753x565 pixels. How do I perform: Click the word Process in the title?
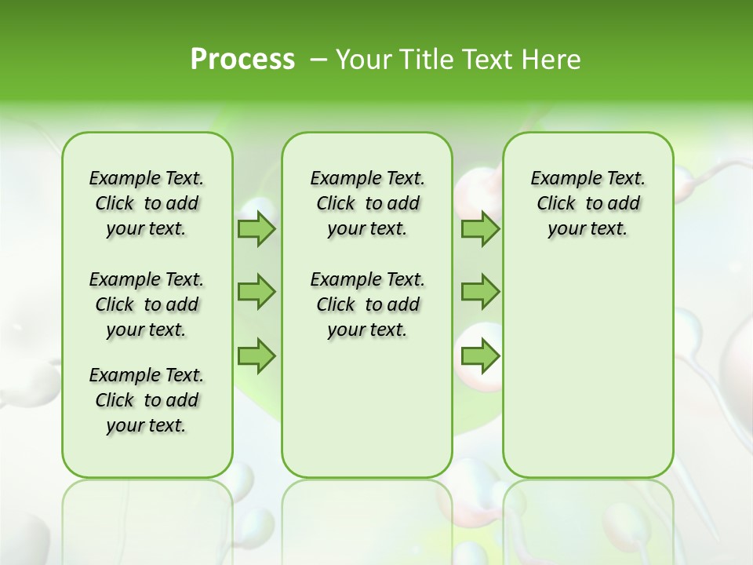(x=242, y=60)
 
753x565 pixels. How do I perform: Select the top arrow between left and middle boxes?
(x=256, y=229)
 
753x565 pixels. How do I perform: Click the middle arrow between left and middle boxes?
(x=256, y=292)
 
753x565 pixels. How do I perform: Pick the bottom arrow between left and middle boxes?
(x=256, y=357)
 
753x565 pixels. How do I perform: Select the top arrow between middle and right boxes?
(x=479, y=229)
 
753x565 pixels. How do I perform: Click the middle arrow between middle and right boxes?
(x=479, y=292)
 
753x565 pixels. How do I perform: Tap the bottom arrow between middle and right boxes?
(x=479, y=357)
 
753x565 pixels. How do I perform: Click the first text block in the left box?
(x=147, y=203)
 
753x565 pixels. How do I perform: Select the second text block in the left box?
(x=147, y=304)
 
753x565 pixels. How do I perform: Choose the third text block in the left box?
(x=147, y=400)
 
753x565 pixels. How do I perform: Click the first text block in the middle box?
(x=367, y=203)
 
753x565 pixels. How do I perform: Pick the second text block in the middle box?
(x=367, y=304)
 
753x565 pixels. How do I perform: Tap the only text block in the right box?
(x=587, y=203)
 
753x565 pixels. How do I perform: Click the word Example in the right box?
(x=558, y=179)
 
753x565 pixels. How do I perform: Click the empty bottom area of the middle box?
(x=367, y=416)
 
